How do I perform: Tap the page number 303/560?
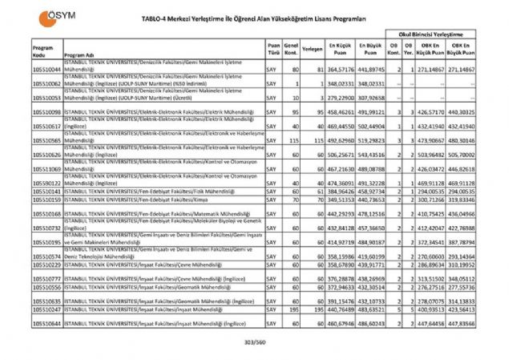(x=254, y=342)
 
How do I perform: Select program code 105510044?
(x=46, y=70)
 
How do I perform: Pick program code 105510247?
(x=46, y=309)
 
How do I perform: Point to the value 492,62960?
(x=341, y=140)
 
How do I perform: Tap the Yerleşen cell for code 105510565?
(x=313, y=140)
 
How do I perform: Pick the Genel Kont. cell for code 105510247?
(x=292, y=309)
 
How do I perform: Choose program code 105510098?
(x=46, y=111)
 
